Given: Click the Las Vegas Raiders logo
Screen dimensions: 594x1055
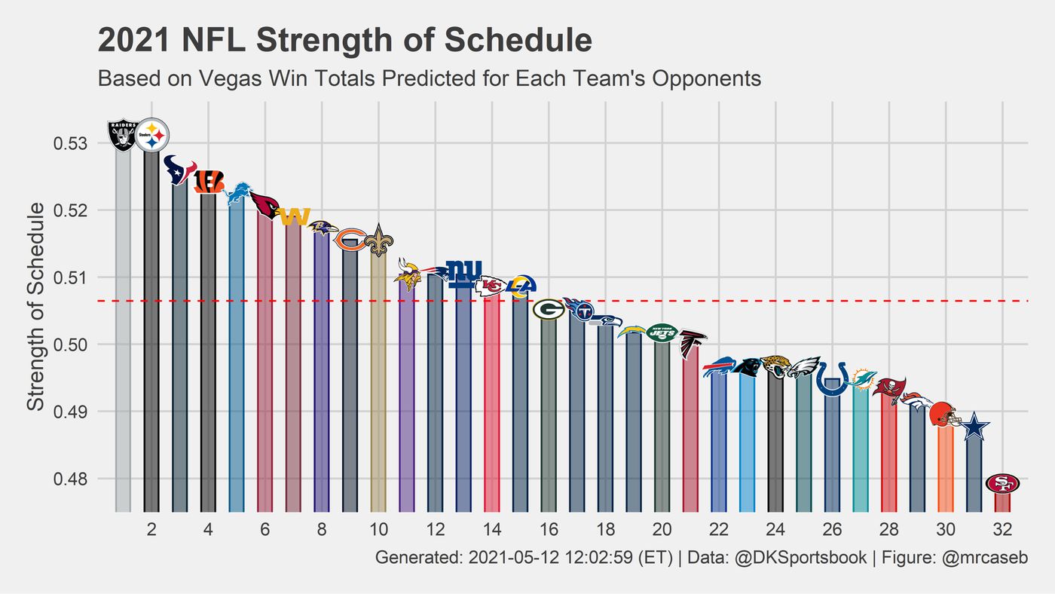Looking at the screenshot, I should coord(123,134).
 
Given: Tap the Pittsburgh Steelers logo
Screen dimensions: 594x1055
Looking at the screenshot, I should coord(151,135).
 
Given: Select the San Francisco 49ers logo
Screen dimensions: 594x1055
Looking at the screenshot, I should coord(1002,483).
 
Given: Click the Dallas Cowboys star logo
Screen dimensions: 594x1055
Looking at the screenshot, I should coord(974,427).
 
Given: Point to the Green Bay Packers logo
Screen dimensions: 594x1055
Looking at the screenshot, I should coord(548,309).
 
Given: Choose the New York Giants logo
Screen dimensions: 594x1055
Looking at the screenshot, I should coord(463,274).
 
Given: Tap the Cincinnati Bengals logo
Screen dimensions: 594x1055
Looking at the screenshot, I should coord(208,181).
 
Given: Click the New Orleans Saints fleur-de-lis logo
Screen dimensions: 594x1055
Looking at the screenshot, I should coord(378,240).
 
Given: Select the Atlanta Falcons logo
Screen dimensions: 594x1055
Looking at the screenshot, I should coord(690,343).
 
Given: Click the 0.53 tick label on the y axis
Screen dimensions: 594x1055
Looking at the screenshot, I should coord(72,143).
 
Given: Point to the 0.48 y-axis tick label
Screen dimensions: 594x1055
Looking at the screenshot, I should coord(72,479).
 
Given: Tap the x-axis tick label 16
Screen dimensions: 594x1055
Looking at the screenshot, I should coord(549,529).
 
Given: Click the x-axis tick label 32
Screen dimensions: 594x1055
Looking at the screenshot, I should coord(1002,529).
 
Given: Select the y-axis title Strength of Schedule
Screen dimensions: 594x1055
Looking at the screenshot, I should coord(36,307).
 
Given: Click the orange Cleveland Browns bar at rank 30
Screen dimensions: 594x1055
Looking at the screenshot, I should coord(945,467).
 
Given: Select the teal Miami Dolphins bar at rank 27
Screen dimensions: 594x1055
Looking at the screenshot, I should coord(860,452).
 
